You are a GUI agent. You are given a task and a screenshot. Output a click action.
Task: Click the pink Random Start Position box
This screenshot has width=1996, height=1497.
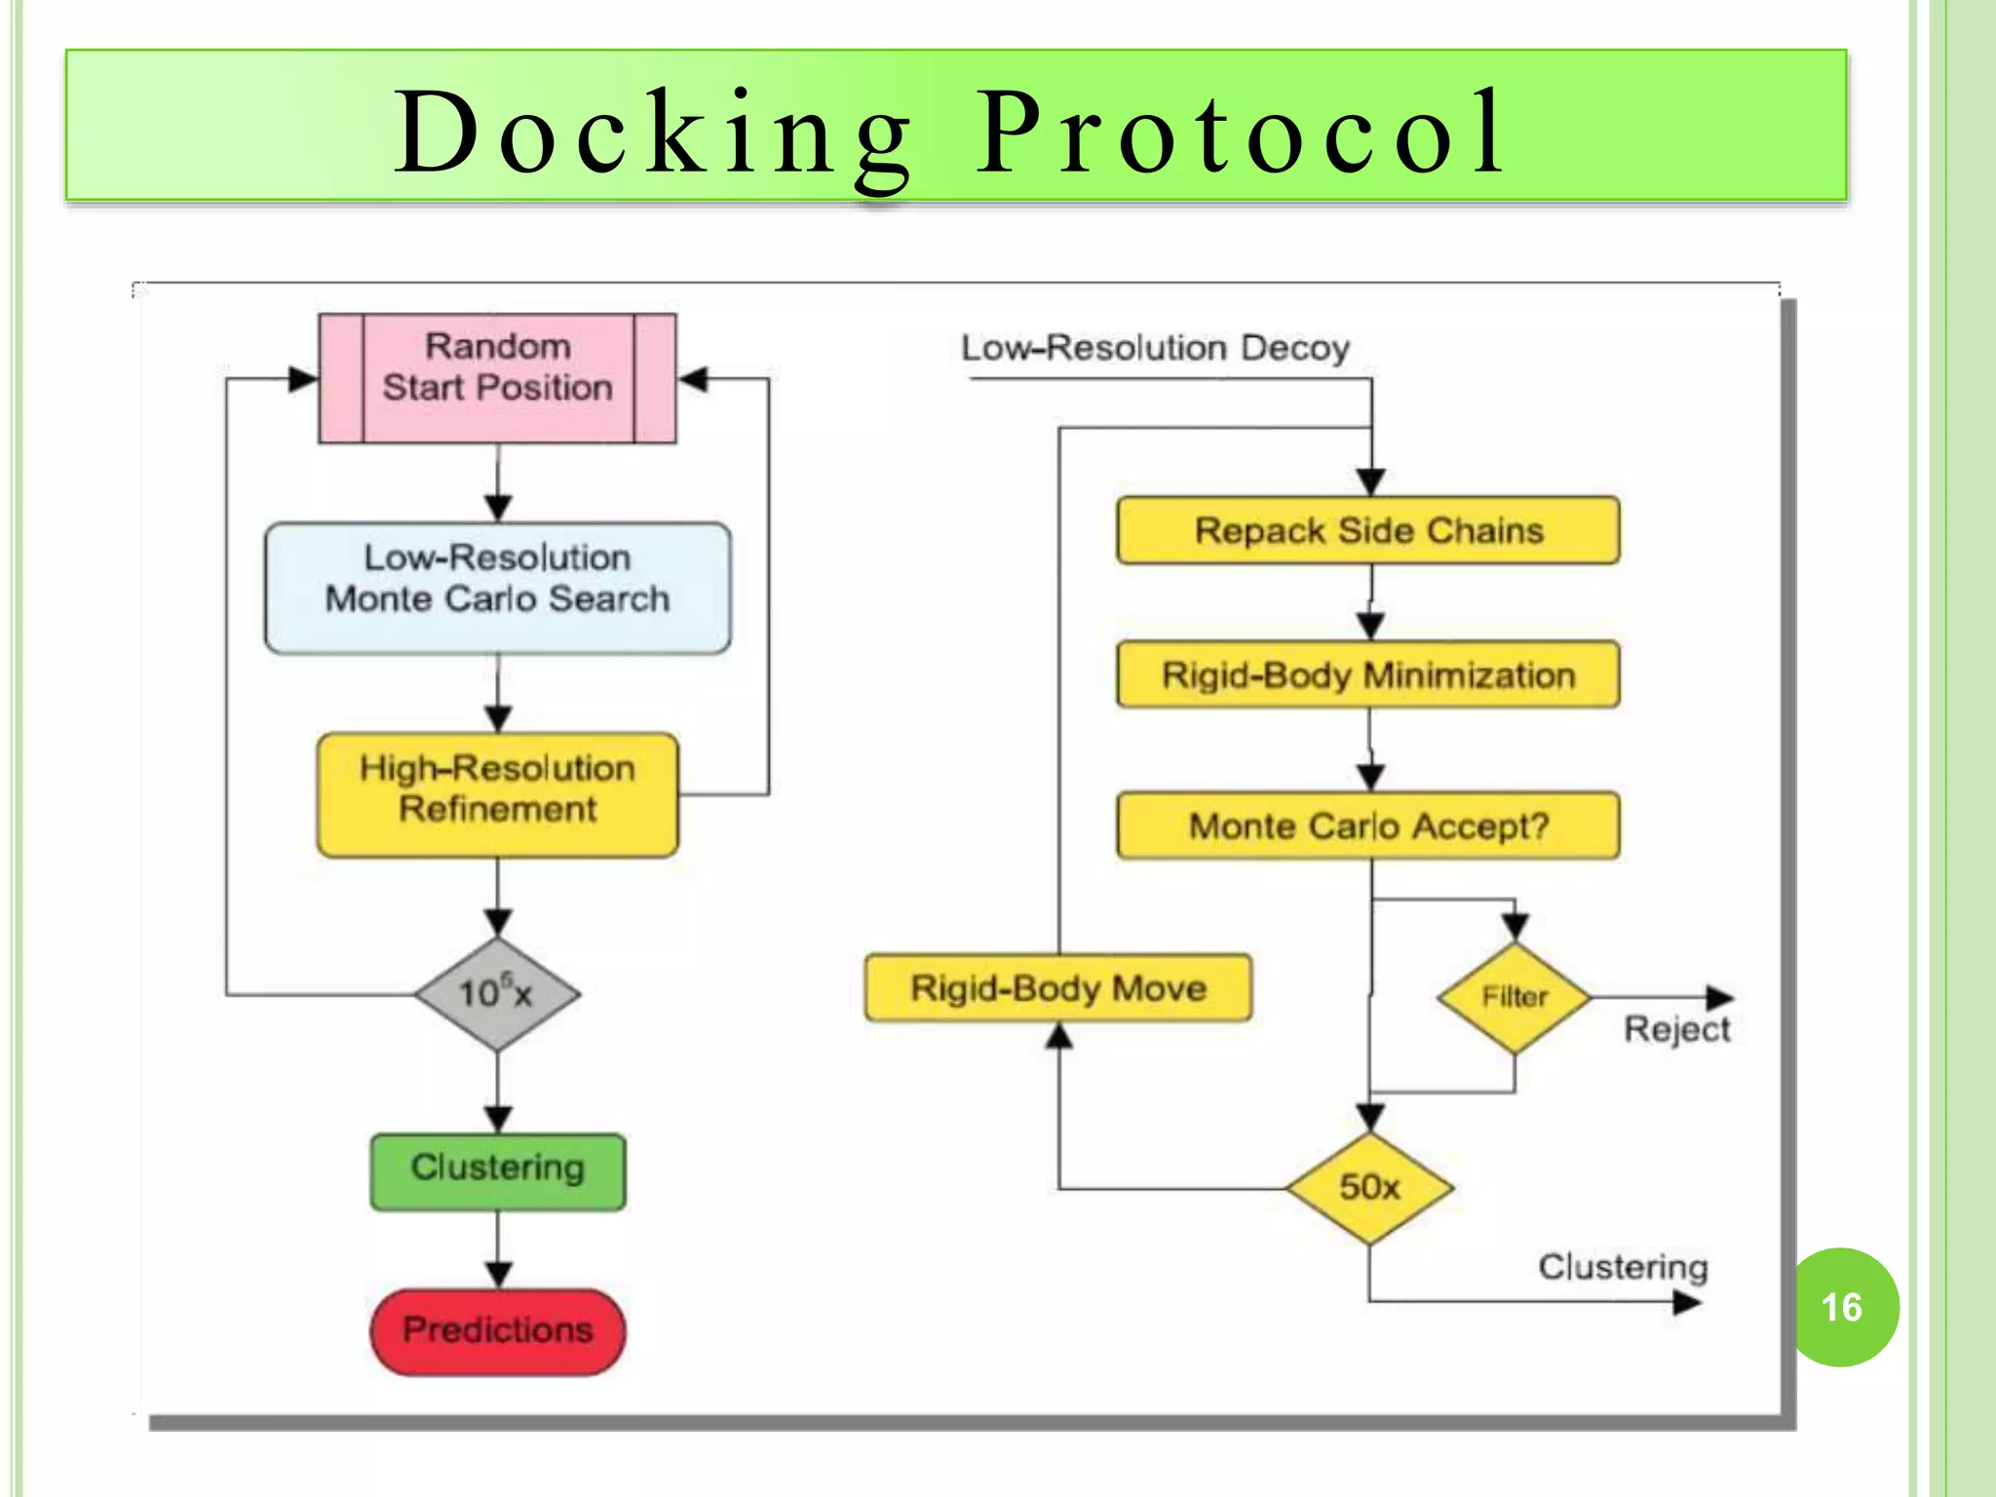pyautogui.click(x=497, y=378)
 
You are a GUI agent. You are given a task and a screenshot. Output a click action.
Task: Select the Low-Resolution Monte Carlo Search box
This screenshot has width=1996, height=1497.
pyautogui.click(x=497, y=588)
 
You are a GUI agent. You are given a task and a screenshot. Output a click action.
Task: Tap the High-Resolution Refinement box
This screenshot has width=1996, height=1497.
pyautogui.click(x=497, y=794)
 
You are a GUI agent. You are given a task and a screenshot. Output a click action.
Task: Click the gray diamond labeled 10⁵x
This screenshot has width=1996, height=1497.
pyautogui.click(x=497, y=994)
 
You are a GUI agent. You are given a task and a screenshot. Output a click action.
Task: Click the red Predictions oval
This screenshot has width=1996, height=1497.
pyautogui.click(x=497, y=1331)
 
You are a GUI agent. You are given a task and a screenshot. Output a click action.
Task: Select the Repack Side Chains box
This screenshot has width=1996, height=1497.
pyautogui.click(x=1368, y=531)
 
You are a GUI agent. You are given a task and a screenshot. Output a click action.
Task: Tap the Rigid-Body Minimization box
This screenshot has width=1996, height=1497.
pyautogui.click(x=1368, y=674)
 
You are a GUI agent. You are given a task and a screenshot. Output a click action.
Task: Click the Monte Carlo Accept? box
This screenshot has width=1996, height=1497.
pyautogui.click(x=1368, y=825)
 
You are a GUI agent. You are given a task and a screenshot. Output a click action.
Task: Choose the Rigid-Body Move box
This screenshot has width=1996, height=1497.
pyautogui.click(x=1058, y=988)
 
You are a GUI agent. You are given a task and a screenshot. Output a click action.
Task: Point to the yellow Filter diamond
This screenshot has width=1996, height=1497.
pyautogui.click(x=1515, y=997)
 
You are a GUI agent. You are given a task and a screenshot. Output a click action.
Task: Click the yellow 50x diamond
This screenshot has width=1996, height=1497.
pyautogui.click(x=1369, y=1187)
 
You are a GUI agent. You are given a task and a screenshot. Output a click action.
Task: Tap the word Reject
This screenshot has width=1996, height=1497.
pyautogui.click(x=1676, y=1030)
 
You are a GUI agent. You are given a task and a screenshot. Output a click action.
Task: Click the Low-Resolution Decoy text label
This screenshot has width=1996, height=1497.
pyautogui.click(x=1155, y=348)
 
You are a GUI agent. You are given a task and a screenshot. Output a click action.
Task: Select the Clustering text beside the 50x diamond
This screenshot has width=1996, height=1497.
pyautogui.click(x=1623, y=1267)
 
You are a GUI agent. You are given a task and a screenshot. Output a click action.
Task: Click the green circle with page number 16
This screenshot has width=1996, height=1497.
pyautogui.click(x=1842, y=1307)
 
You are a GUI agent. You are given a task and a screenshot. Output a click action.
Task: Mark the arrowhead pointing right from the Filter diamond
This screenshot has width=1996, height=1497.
pyautogui.click(x=1720, y=997)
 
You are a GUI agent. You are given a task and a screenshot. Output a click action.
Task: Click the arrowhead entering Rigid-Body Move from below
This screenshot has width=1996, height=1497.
pyautogui.click(x=1059, y=1037)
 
